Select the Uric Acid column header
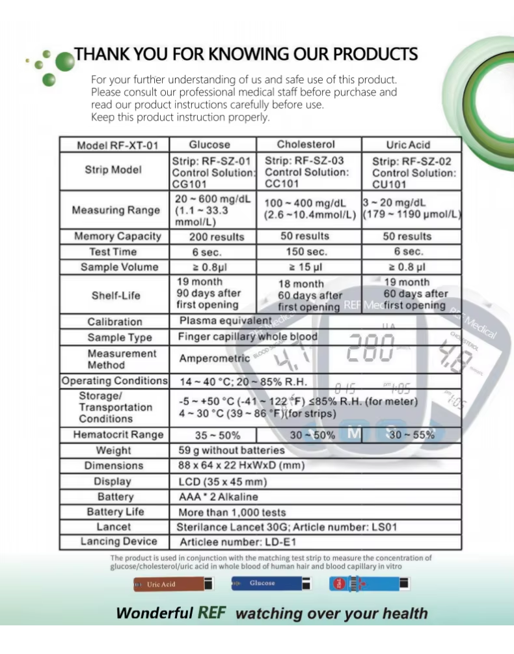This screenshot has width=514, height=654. [408, 145]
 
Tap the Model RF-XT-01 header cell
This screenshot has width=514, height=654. [113, 145]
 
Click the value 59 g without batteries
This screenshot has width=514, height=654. [231, 450]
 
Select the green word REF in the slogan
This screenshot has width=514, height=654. [211, 613]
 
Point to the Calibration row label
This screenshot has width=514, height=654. [115, 322]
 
